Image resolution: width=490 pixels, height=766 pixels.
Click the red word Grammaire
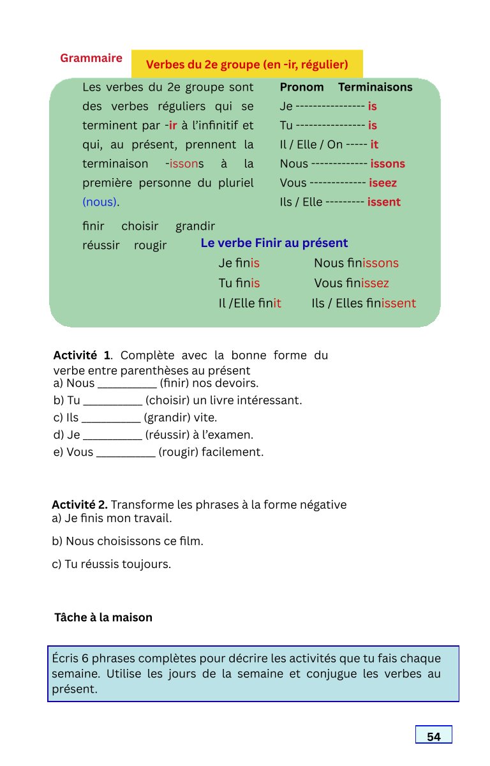click(91, 58)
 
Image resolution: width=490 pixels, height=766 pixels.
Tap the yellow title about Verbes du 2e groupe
click(247, 64)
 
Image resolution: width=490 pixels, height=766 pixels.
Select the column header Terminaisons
click(375, 87)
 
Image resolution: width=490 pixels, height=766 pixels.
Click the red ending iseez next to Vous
click(383, 183)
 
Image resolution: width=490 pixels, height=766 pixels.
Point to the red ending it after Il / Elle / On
click(375, 145)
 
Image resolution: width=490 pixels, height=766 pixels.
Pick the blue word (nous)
click(100, 202)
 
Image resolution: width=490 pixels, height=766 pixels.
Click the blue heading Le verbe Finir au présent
click(274, 243)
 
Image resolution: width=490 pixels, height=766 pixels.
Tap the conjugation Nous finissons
click(356, 263)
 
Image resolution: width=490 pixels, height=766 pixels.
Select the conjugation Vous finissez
click(352, 283)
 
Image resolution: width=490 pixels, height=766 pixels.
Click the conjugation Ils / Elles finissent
click(364, 304)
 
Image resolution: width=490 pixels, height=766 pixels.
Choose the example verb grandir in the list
click(195, 227)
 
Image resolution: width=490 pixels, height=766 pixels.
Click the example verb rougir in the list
click(150, 246)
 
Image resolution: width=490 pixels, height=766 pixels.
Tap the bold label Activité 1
click(82, 356)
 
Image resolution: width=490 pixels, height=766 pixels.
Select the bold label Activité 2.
click(84, 505)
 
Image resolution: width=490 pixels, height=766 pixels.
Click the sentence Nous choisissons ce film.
click(128, 542)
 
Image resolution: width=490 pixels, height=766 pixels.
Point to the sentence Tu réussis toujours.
click(112, 565)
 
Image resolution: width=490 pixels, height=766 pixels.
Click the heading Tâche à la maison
click(103, 618)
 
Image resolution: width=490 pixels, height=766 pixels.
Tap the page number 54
click(434, 737)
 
